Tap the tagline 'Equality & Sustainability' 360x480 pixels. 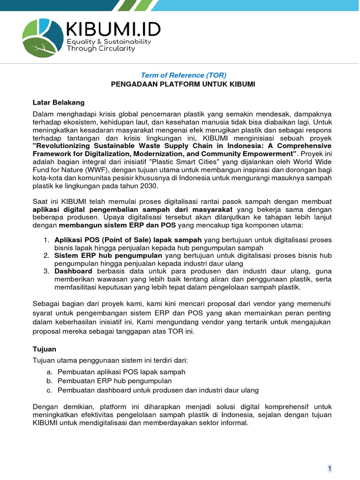click(x=109, y=42)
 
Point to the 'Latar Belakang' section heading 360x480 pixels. click(x=59, y=102)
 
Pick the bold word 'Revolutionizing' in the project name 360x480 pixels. click(x=60, y=145)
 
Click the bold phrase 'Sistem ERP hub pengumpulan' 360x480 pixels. click(x=108, y=255)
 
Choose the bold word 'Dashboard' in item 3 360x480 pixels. click(x=74, y=271)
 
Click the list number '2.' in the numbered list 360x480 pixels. click(x=46, y=255)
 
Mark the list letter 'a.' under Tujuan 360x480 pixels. click(x=49, y=372)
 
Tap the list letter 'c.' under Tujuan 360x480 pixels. click(x=49, y=390)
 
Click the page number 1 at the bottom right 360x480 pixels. click(x=330, y=468)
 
